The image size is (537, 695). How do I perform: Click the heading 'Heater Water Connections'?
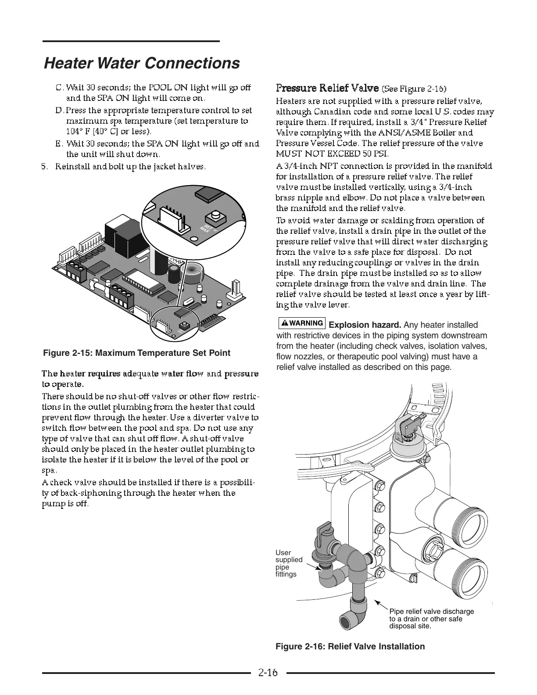(x=142, y=63)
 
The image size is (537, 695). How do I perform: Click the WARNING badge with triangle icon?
(x=302, y=323)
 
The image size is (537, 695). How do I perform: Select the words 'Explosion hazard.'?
(x=365, y=325)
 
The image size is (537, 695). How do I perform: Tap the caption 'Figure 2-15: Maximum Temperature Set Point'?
(x=136, y=353)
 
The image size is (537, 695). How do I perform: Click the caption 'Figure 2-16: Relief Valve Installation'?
(x=350, y=646)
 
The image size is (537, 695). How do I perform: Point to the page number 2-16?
(x=268, y=672)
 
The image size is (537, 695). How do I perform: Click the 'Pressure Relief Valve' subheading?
(x=328, y=88)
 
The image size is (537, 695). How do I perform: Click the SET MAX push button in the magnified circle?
(x=216, y=216)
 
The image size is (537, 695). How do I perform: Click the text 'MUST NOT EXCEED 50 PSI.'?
(x=332, y=154)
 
